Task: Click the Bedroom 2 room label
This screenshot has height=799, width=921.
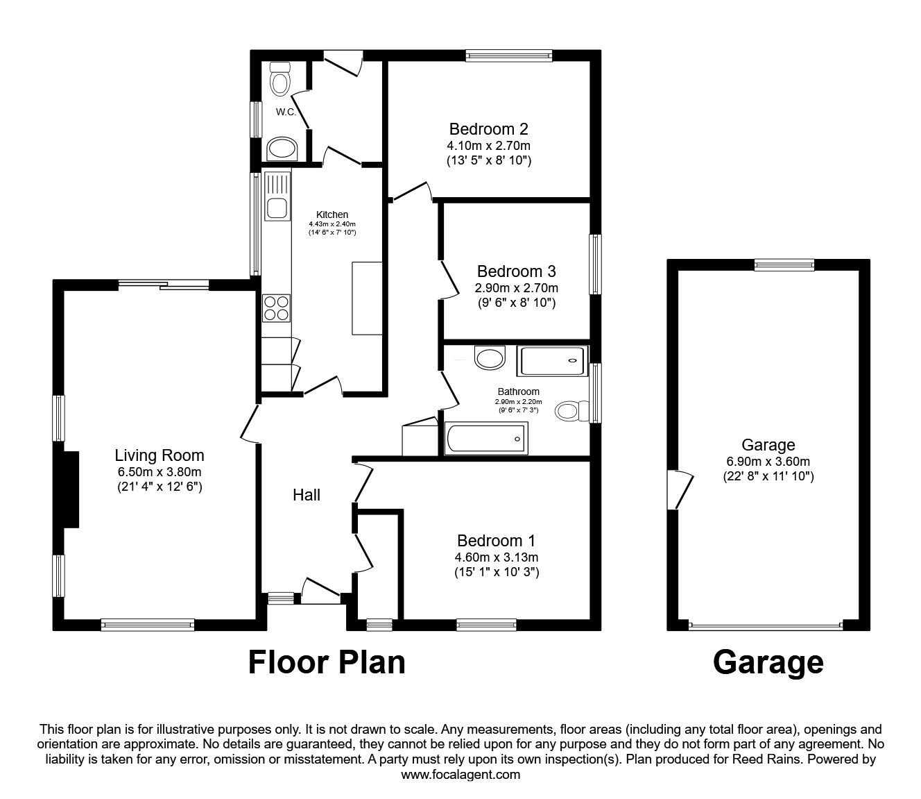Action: point(488,129)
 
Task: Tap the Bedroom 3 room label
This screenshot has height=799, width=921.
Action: point(516,271)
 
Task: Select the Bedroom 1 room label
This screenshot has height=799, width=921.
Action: point(495,541)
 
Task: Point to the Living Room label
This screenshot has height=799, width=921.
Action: point(159,455)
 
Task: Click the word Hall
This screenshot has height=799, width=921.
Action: point(306,495)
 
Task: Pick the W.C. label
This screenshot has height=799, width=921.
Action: point(286,112)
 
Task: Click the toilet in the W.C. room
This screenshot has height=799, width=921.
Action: point(279,79)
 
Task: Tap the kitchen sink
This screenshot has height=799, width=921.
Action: point(278,206)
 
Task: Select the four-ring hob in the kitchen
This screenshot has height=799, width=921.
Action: point(277,308)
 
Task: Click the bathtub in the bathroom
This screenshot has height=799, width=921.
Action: point(485,438)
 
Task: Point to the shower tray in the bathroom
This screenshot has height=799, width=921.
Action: point(553,360)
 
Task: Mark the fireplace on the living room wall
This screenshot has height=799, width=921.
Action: point(70,489)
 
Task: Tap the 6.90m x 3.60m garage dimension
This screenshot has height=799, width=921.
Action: point(768,461)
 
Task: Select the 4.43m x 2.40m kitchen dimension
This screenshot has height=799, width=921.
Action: point(332,224)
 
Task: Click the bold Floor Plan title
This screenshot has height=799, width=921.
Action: point(327,662)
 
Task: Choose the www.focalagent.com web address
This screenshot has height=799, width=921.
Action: point(460,774)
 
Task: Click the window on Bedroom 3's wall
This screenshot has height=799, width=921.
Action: point(595,264)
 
